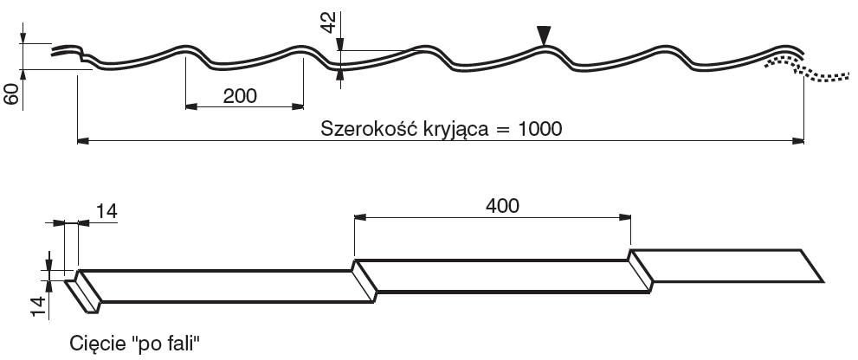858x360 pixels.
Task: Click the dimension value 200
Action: (240, 95)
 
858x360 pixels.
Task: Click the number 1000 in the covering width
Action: (540, 129)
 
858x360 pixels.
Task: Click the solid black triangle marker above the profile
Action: (543, 35)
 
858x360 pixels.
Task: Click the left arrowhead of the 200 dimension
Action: (190, 106)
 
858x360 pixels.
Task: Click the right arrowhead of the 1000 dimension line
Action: (799, 138)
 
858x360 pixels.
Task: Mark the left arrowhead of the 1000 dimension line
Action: (83, 138)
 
